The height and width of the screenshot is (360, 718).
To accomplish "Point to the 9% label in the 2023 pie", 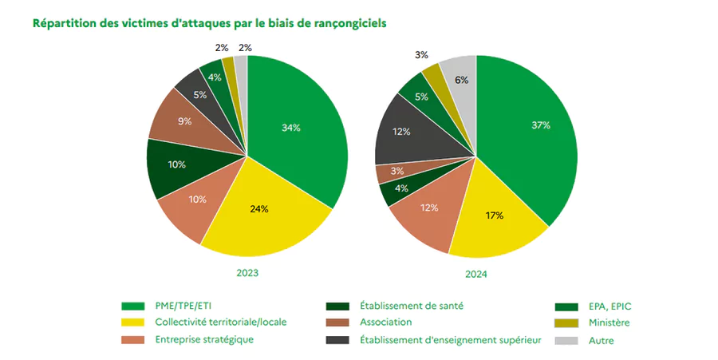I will click(183, 121).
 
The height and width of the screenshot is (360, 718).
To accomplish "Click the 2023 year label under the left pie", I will click(247, 273).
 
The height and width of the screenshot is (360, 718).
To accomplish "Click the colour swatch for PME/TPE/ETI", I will click(132, 306).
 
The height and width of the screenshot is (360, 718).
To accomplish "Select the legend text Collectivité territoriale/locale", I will click(220, 322).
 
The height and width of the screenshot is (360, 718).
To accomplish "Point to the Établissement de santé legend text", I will click(412, 306).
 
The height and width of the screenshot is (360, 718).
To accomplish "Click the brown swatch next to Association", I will click(337, 322).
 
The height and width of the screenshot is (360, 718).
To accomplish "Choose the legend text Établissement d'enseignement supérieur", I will click(451, 340).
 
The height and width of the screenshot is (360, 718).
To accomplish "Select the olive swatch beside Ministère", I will click(566, 322).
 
